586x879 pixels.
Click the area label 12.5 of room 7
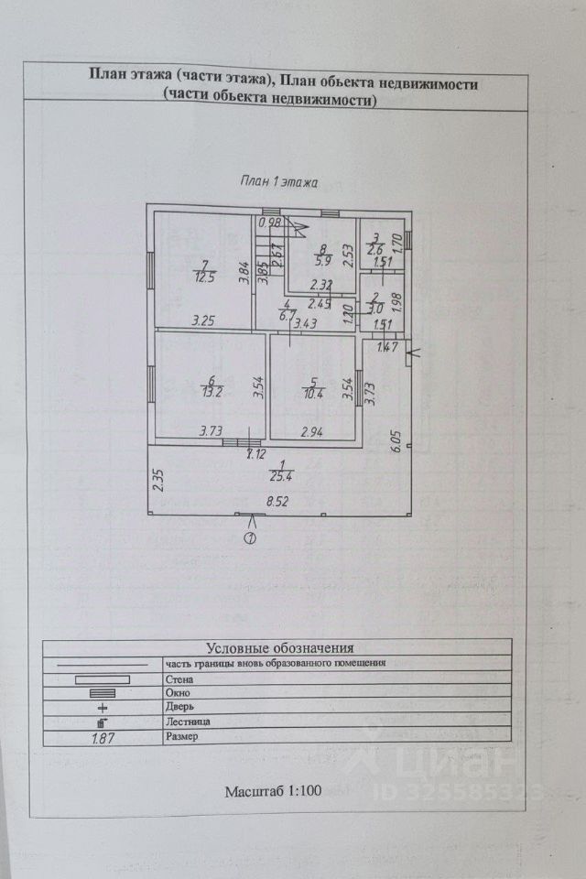(202, 277)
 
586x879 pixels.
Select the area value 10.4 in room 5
(313, 394)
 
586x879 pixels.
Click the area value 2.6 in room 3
(375, 248)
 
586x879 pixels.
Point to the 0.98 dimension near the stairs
(269, 222)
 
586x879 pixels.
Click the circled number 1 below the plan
(250, 538)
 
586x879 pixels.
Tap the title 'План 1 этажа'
(278, 181)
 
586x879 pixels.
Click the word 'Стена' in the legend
(179, 679)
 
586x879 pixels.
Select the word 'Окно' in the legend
(178, 693)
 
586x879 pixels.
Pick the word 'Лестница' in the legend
(186, 722)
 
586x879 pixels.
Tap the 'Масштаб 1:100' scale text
(273, 791)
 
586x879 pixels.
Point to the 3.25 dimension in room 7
(204, 320)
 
